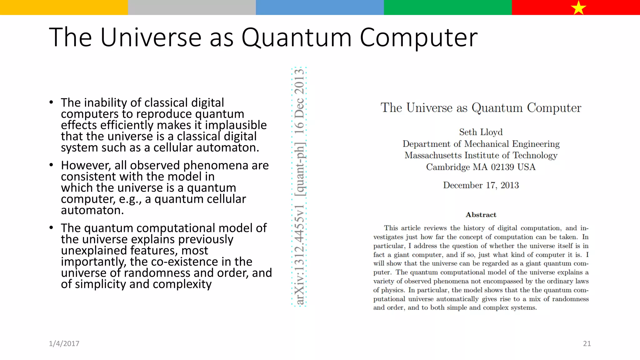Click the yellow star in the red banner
point(578,7)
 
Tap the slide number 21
point(587,343)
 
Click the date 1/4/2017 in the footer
point(64,343)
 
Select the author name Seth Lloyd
point(481,132)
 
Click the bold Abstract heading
point(481,215)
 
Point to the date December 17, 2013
point(481,185)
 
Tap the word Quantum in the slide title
point(297,37)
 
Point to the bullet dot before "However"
point(51,165)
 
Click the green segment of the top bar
point(447,7)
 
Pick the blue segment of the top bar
point(320,7)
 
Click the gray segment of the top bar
point(192,7)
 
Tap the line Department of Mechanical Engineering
point(481,144)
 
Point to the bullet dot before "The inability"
point(51,102)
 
